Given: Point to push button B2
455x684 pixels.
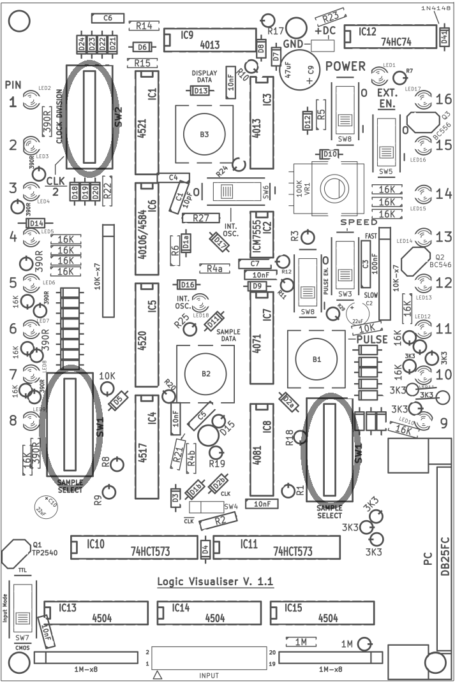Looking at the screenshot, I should [x=205, y=374].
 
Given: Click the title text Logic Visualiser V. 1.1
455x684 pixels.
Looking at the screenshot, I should [x=215, y=583].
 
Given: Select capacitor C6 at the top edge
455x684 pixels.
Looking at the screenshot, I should [x=107, y=18].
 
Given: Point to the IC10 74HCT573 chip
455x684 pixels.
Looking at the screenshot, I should [x=133, y=547].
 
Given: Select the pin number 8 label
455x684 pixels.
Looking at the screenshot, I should [x=13, y=421].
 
